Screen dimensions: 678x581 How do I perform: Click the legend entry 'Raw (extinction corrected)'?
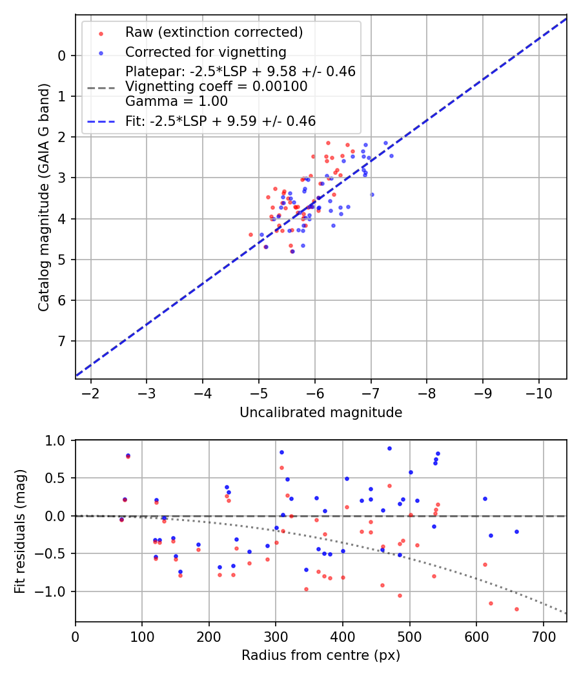214,32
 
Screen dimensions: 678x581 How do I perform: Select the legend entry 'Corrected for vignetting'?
205,52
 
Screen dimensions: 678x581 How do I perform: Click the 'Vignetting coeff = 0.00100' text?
216,87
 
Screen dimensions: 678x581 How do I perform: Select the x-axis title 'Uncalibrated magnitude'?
321,413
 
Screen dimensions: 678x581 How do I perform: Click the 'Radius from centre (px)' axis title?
321,655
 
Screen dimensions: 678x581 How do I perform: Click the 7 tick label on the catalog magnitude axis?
62,341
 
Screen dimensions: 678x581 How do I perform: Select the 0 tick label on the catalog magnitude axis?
62,56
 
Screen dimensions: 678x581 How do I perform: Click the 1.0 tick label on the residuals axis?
56,440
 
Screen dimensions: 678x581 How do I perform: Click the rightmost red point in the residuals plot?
516,609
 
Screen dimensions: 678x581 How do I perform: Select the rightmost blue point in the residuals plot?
516,531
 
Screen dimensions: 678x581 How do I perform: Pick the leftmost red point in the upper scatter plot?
250,234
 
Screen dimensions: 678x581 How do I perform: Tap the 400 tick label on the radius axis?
342,636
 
